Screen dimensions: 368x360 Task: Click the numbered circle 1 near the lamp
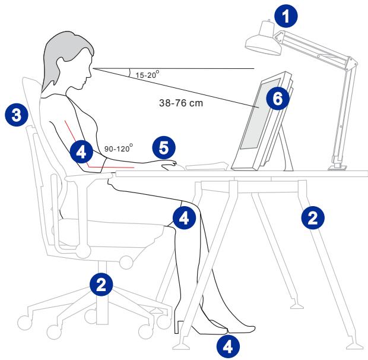tap(286, 17)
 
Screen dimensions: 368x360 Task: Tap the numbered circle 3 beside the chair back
tap(17, 115)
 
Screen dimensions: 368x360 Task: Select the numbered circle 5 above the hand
tap(164, 148)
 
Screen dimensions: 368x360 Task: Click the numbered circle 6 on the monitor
tap(278, 98)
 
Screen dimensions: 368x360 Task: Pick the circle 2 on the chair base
tap(101, 285)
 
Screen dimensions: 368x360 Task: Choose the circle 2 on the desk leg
tap(313, 217)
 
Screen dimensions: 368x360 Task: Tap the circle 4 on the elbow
tap(81, 152)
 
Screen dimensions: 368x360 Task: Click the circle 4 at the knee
tap(184, 217)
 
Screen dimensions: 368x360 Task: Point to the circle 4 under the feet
tap(228, 346)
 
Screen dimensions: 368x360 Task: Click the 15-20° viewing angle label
tap(147, 75)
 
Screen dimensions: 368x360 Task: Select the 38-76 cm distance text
tap(181, 103)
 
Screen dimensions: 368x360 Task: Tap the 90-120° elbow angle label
tap(119, 149)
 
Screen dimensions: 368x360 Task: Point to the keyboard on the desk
tap(207, 166)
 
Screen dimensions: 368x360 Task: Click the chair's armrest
tap(88, 176)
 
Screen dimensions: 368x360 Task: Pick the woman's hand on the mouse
tap(169, 165)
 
